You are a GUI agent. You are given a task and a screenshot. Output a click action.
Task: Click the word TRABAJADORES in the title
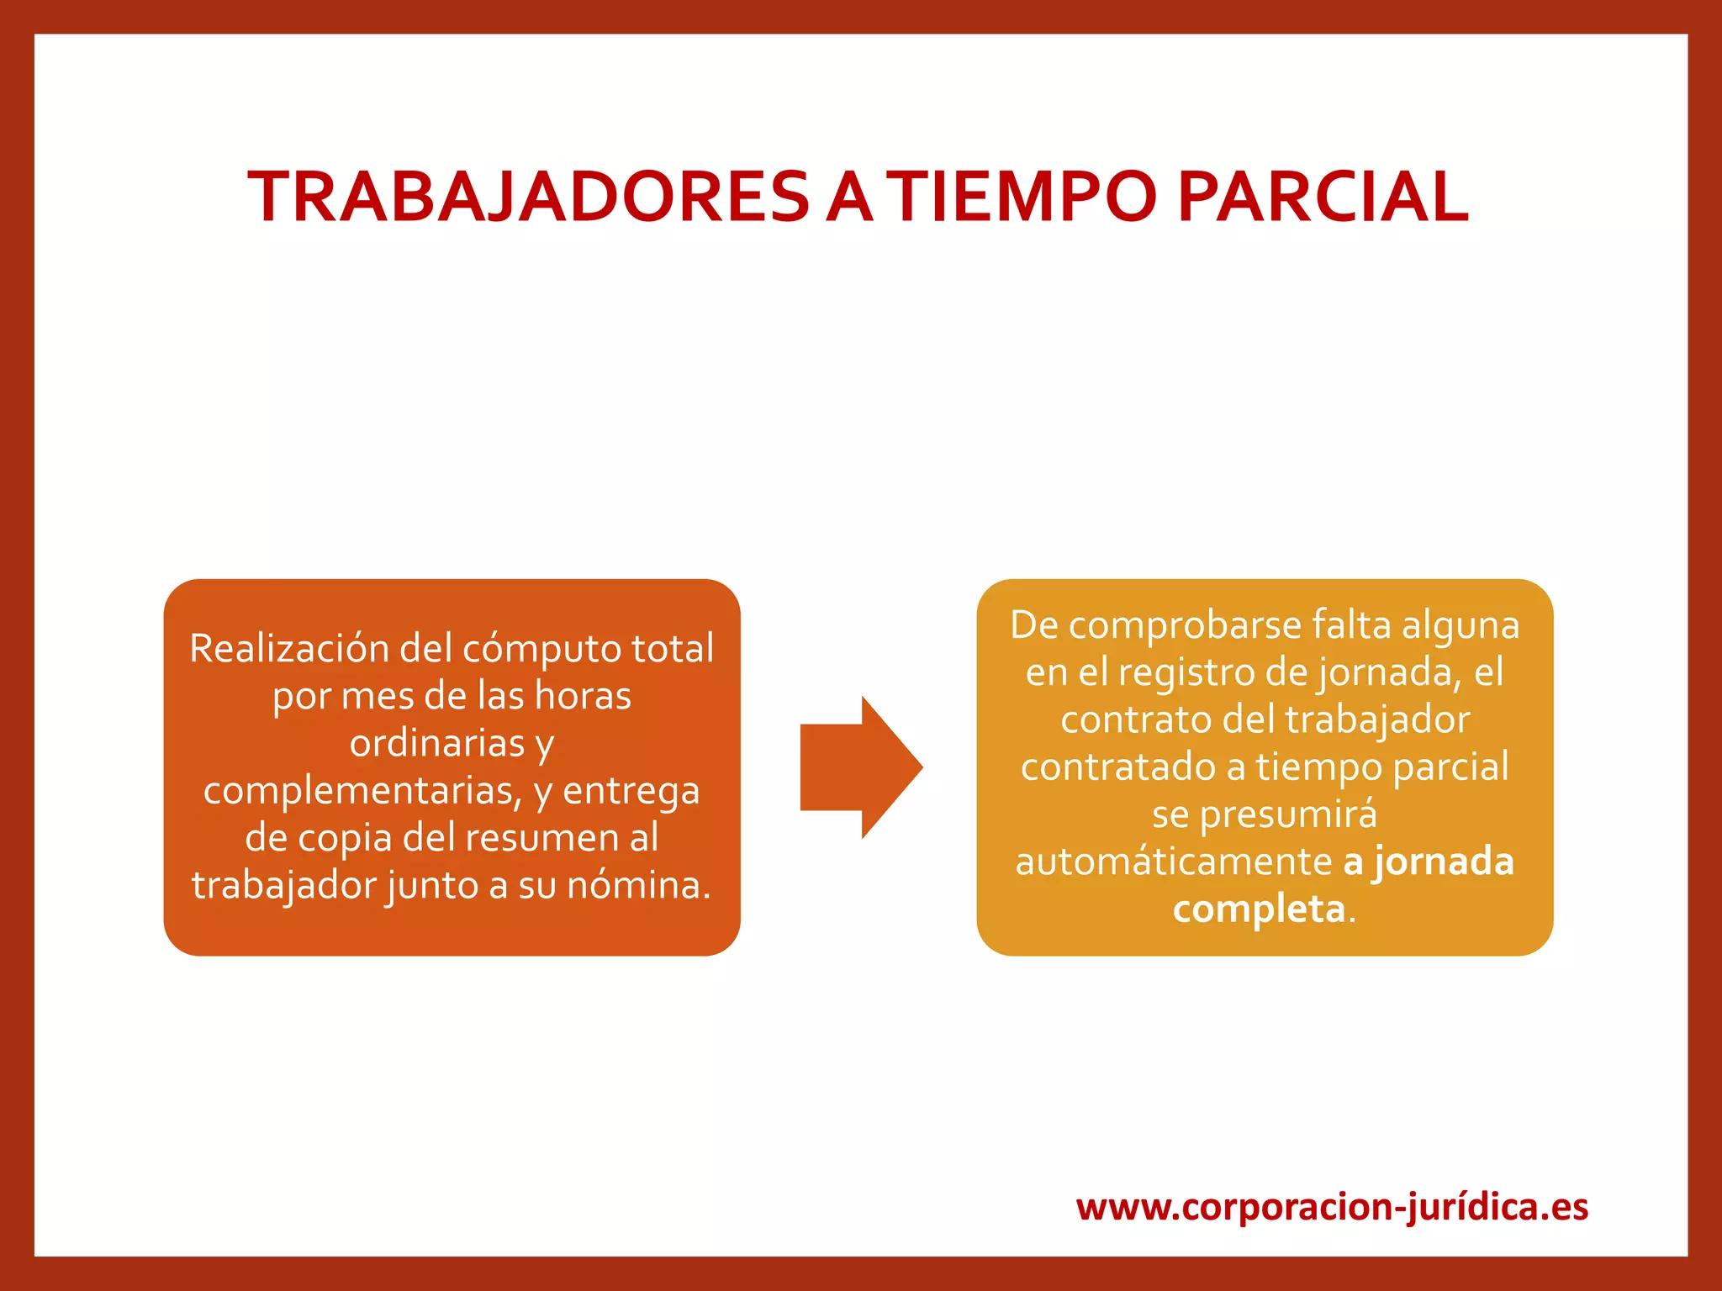tap(528, 197)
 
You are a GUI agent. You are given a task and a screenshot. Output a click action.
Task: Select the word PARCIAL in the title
tap(1323, 197)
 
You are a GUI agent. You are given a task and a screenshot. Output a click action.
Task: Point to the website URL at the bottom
tap(1332, 1207)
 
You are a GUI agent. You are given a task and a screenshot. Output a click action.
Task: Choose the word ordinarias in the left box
tap(436, 743)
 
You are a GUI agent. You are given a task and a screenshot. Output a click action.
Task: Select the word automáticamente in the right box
tap(1174, 862)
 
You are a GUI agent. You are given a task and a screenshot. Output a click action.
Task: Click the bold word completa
tap(1259, 909)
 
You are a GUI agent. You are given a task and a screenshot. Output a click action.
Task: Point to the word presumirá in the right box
tap(1289, 814)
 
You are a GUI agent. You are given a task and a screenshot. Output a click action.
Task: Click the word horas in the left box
tap(583, 696)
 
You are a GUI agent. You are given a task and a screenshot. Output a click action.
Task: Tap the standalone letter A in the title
tap(848, 197)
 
